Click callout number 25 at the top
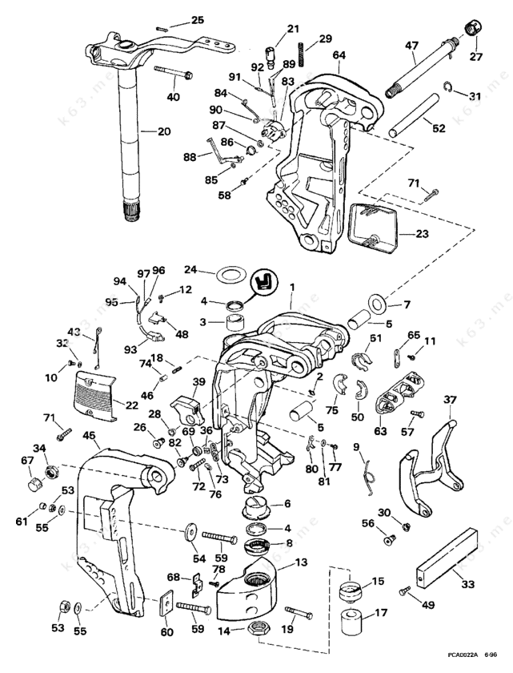pyautogui.click(x=198, y=19)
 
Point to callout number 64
pyautogui.click(x=339, y=55)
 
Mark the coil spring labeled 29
pyautogui.click(x=303, y=52)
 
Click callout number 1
pyautogui.click(x=292, y=286)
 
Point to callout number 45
pyautogui.click(x=89, y=437)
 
